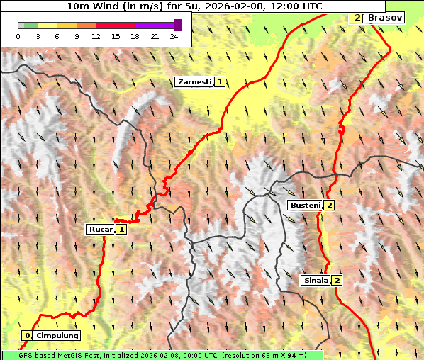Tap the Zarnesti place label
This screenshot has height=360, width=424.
tap(194, 82)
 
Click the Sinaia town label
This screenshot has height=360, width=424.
tap(316, 280)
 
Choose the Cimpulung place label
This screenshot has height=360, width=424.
tap(57, 335)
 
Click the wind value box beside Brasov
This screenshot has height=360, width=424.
tap(357, 17)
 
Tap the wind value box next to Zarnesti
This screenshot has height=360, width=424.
tap(221, 82)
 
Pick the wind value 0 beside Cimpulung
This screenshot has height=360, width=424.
tap(27, 335)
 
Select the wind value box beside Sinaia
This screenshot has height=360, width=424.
tap(337, 280)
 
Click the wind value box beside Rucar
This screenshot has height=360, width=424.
tap(121, 229)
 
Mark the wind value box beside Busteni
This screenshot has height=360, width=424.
tap(330, 205)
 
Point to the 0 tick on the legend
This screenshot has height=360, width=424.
tap(18, 35)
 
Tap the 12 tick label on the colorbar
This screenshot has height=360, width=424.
tap(96, 35)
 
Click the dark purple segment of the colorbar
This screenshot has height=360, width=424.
tap(177, 25)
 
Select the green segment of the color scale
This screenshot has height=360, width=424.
tap(30, 25)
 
